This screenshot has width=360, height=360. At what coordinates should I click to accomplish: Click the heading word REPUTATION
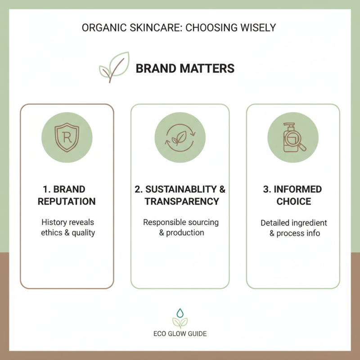[x=67, y=201]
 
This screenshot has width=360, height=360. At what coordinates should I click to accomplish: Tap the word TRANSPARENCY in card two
[x=182, y=201]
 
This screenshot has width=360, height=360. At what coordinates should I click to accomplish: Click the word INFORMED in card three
[x=293, y=189]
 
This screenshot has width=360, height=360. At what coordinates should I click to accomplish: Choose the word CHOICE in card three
[x=293, y=201]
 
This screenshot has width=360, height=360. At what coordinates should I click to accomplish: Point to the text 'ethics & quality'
[x=67, y=233]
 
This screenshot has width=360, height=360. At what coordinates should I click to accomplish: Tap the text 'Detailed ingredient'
[x=293, y=223]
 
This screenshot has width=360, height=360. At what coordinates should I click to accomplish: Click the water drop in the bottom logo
[x=180, y=312]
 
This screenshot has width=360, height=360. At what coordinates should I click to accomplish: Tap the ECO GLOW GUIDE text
[x=180, y=334]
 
